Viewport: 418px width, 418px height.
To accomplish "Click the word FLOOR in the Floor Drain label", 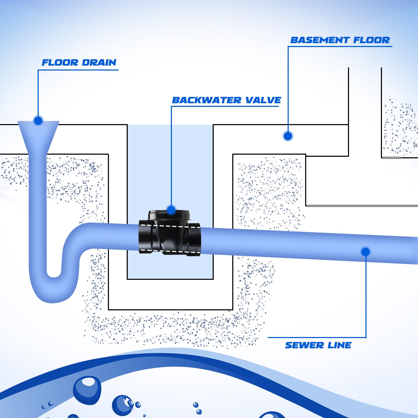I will (x=60, y=63).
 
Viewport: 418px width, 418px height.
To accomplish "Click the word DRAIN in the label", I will (x=99, y=63).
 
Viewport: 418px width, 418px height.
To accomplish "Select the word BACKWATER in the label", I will (x=207, y=100).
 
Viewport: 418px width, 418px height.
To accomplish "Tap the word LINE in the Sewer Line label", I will (x=339, y=345).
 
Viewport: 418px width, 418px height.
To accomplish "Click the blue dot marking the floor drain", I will (x=38, y=121).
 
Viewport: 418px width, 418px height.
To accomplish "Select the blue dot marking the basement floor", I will (x=288, y=136).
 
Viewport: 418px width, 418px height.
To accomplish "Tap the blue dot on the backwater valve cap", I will (x=171, y=210).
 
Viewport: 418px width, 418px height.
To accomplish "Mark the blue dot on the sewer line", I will (x=365, y=252).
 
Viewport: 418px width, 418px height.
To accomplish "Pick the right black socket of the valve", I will (x=194, y=239).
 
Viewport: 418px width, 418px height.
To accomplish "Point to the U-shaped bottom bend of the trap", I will (x=54, y=290).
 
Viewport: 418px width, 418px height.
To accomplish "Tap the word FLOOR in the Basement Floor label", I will (x=371, y=40).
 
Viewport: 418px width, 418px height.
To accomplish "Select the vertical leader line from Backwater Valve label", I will (x=171, y=157).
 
